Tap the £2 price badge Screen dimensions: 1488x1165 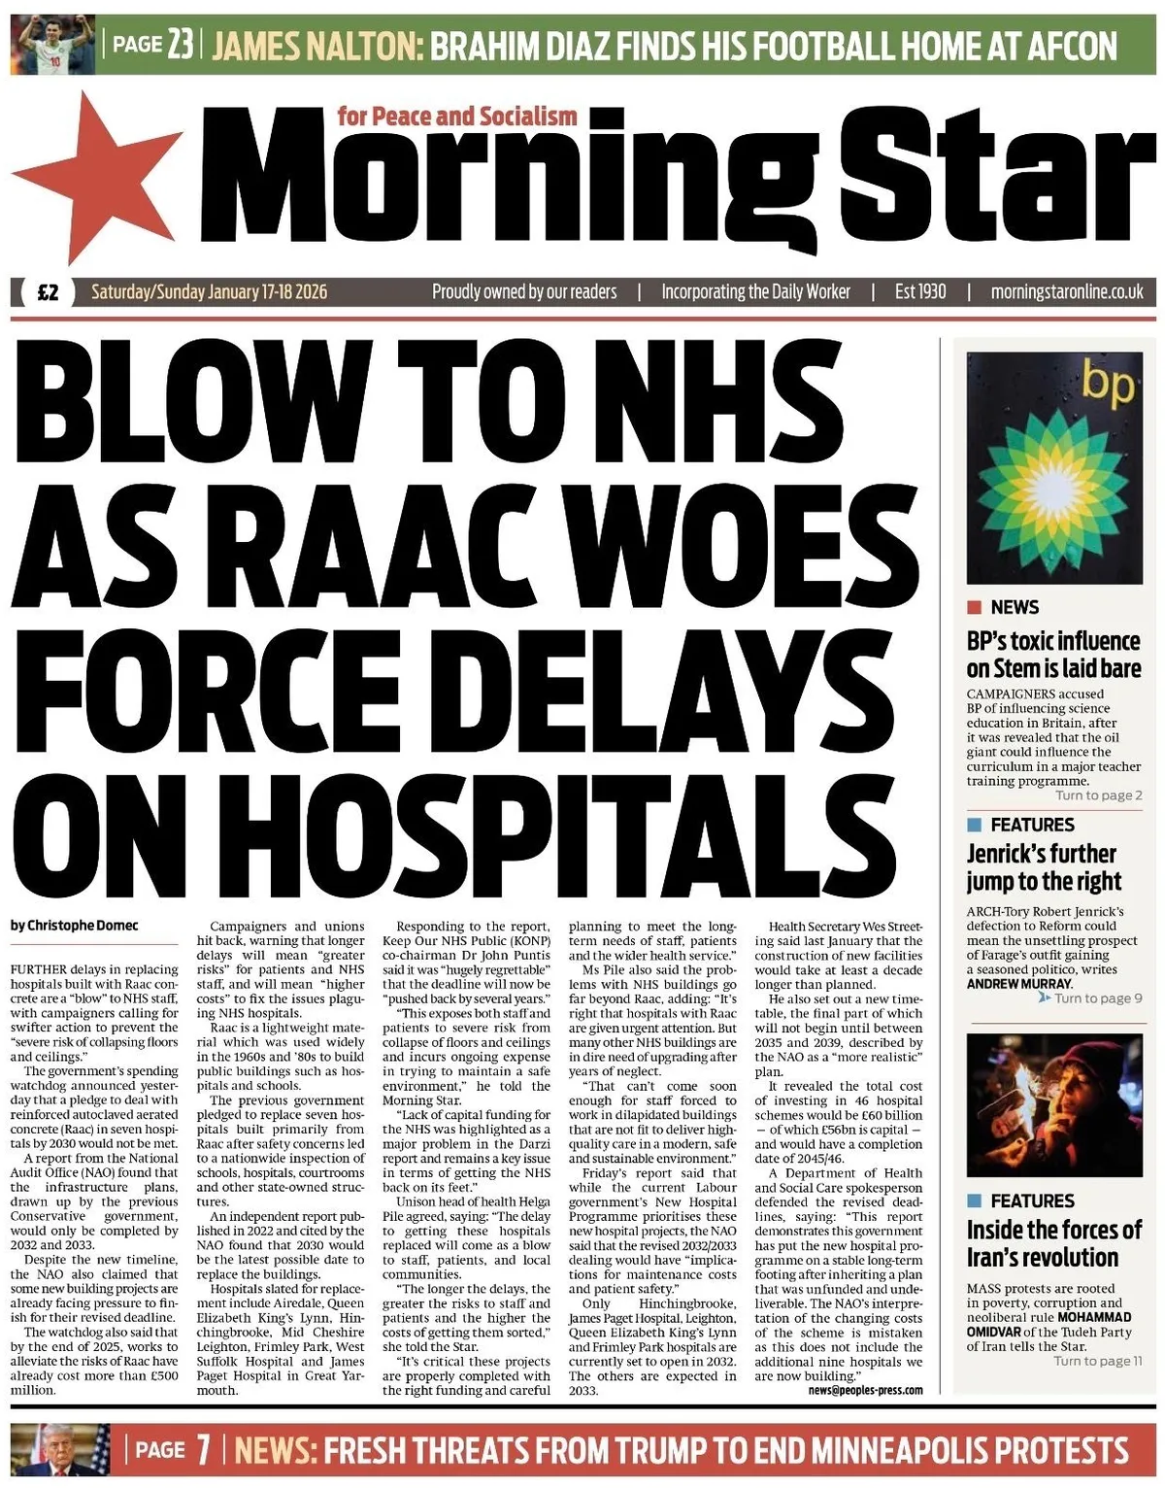48,292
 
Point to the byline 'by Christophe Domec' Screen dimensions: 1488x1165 75,926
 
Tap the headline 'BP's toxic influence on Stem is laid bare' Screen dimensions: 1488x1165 1053,655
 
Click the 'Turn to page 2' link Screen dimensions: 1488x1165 1098,795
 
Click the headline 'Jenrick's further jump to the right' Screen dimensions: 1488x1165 1044,867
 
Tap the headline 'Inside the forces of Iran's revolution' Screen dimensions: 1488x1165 1053,1243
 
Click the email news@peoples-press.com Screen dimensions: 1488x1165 865,1391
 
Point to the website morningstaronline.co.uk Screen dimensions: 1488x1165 1066,291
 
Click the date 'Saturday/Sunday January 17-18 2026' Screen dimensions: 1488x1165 209,291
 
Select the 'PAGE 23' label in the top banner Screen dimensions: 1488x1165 153,45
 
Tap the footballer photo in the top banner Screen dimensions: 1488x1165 53,45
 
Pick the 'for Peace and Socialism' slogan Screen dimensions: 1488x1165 457,117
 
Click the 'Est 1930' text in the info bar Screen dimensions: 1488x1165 919,291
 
